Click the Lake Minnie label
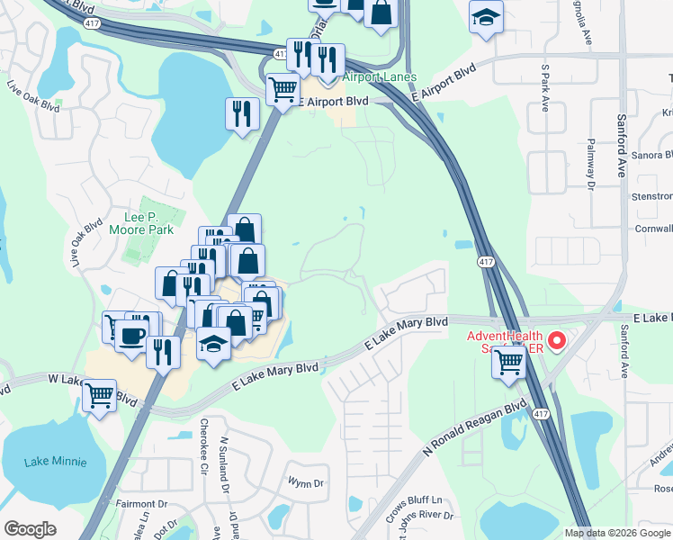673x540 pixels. pyautogui.click(x=56, y=462)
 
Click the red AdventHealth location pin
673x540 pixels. pyautogui.click(x=557, y=341)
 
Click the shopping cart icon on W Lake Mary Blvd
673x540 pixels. pyautogui.click(x=99, y=394)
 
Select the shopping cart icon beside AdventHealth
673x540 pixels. pyautogui.click(x=509, y=363)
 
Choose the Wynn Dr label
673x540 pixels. pyautogui.click(x=306, y=483)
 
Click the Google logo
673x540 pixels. pyautogui.click(x=30, y=529)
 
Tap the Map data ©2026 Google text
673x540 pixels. pyautogui.click(x=617, y=533)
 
